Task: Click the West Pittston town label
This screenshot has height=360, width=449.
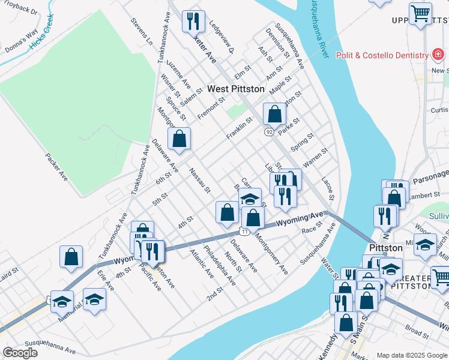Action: pyautogui.click(x=235, y=89)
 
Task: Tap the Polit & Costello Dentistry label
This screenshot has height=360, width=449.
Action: pyautogui.click(x=381, y=55)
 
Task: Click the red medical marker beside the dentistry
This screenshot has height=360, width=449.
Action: pyautogui.click(x=439, y=55)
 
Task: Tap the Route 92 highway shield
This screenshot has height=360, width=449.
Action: pyautogui.click(x=268, y=131)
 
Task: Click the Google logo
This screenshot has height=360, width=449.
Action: pyautogui.click(x=20, y=352)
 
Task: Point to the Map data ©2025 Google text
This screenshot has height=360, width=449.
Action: pyautogui.click(x=412, y=355)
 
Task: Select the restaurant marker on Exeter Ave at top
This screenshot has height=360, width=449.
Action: pyautogui.click(x=193, y=23)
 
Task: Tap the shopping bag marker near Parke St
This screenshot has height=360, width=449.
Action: pyautogui.click(x=274, y=114)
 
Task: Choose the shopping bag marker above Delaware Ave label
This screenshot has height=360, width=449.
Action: pyautogui.click(x=179, y=139)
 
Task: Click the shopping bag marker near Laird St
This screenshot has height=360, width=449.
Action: pyautogui.click(x=71, y=257)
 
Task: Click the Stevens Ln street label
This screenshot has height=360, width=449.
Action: pyautogui.click(x=142, y=31)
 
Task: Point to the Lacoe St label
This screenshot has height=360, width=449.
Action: pyautogui.click(x=327, y=188)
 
